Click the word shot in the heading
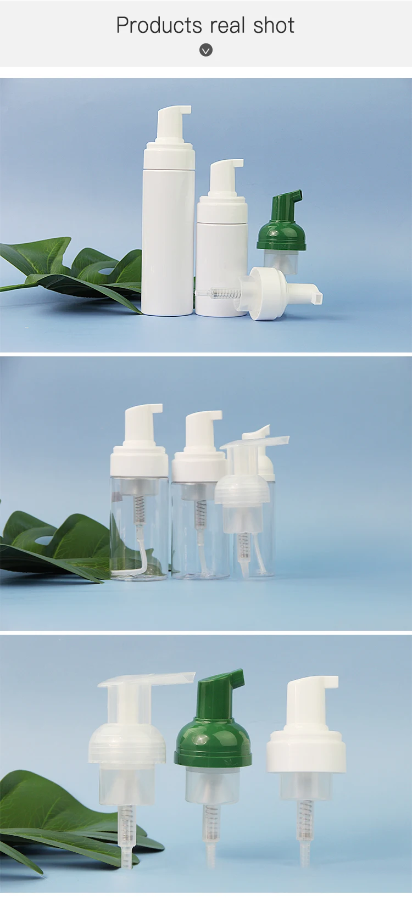274,26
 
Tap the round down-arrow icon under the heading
206,51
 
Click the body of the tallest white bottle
168,242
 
